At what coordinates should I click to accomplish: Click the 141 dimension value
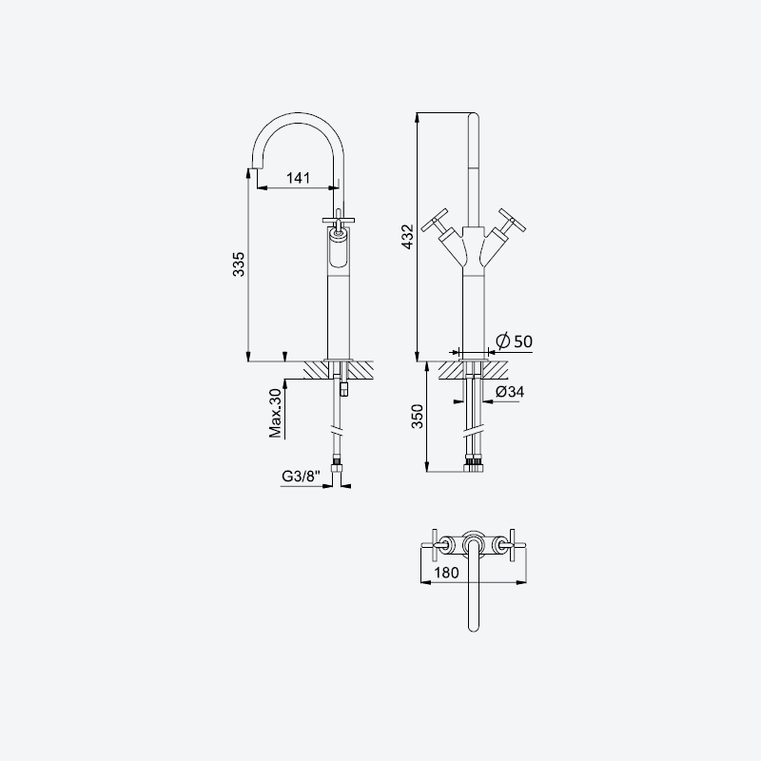[298, 178]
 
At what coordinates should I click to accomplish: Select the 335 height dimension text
[239, 264]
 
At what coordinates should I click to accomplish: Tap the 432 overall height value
[408, 236]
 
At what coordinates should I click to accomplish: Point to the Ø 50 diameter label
[514, 341]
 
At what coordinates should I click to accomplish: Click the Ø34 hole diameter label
[510, 391]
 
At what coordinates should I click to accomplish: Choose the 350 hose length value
[418, 417]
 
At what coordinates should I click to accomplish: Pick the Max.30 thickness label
[275, 414]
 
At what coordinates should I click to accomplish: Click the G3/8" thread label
[301, 477]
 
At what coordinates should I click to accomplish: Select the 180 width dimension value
[446, 573]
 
